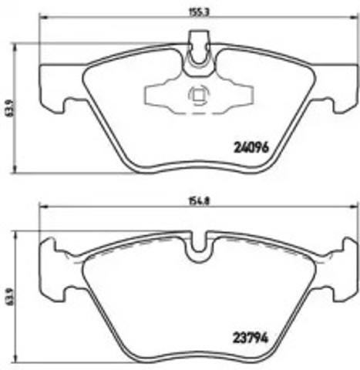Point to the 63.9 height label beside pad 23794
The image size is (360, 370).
pyautogui.click(x=11, y=294)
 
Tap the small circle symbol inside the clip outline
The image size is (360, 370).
pyautogui.click(x=197, y=96)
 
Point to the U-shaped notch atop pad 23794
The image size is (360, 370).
pyautogui.click(x=200, y=244)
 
